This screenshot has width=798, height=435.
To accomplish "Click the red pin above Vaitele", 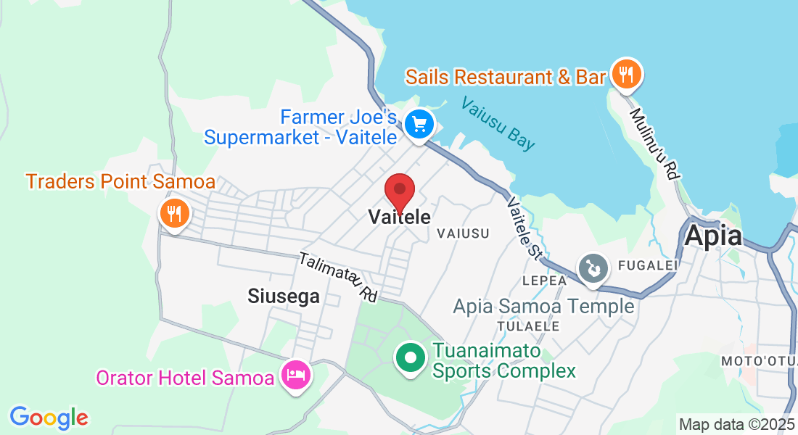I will point(399,191).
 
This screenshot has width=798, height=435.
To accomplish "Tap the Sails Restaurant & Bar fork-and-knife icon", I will point(625,74).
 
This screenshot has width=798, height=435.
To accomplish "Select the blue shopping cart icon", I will point(419,124).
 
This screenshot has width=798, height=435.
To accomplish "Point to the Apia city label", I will point(713,236).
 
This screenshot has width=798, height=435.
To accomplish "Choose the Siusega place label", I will point(284,296).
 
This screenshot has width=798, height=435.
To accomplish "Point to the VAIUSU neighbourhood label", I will point(463,233).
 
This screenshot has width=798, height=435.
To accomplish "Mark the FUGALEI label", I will point(647,265).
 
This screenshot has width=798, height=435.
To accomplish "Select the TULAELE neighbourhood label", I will point(528,326).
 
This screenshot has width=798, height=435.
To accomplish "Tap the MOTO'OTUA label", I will point(758,360).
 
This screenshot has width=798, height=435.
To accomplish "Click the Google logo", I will point(49,417).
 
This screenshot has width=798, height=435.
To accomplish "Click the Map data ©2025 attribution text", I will point(736,424).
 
